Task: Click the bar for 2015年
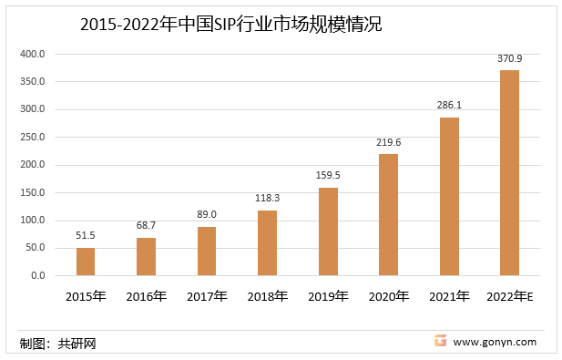coord(86,261)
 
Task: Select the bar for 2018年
coord(267,242)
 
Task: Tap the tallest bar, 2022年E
coord(509,172)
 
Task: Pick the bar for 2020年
coord(388,214)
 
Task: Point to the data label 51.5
coord(86,235)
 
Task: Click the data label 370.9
coord(509,58)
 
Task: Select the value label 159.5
coord(328,176)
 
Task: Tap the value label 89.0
coord(207,215)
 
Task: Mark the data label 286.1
coord(449,106)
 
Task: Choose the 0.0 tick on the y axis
coord(37,275)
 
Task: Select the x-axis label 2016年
coord(146,296)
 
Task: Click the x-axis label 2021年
coord(449,296)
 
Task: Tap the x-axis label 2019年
coord(328,296)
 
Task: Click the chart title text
coord(230,25)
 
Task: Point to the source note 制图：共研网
coord(57,344)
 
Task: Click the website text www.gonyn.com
coord(495,343)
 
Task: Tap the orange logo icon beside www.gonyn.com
coord(440,342)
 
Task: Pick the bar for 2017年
coord(207,251)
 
